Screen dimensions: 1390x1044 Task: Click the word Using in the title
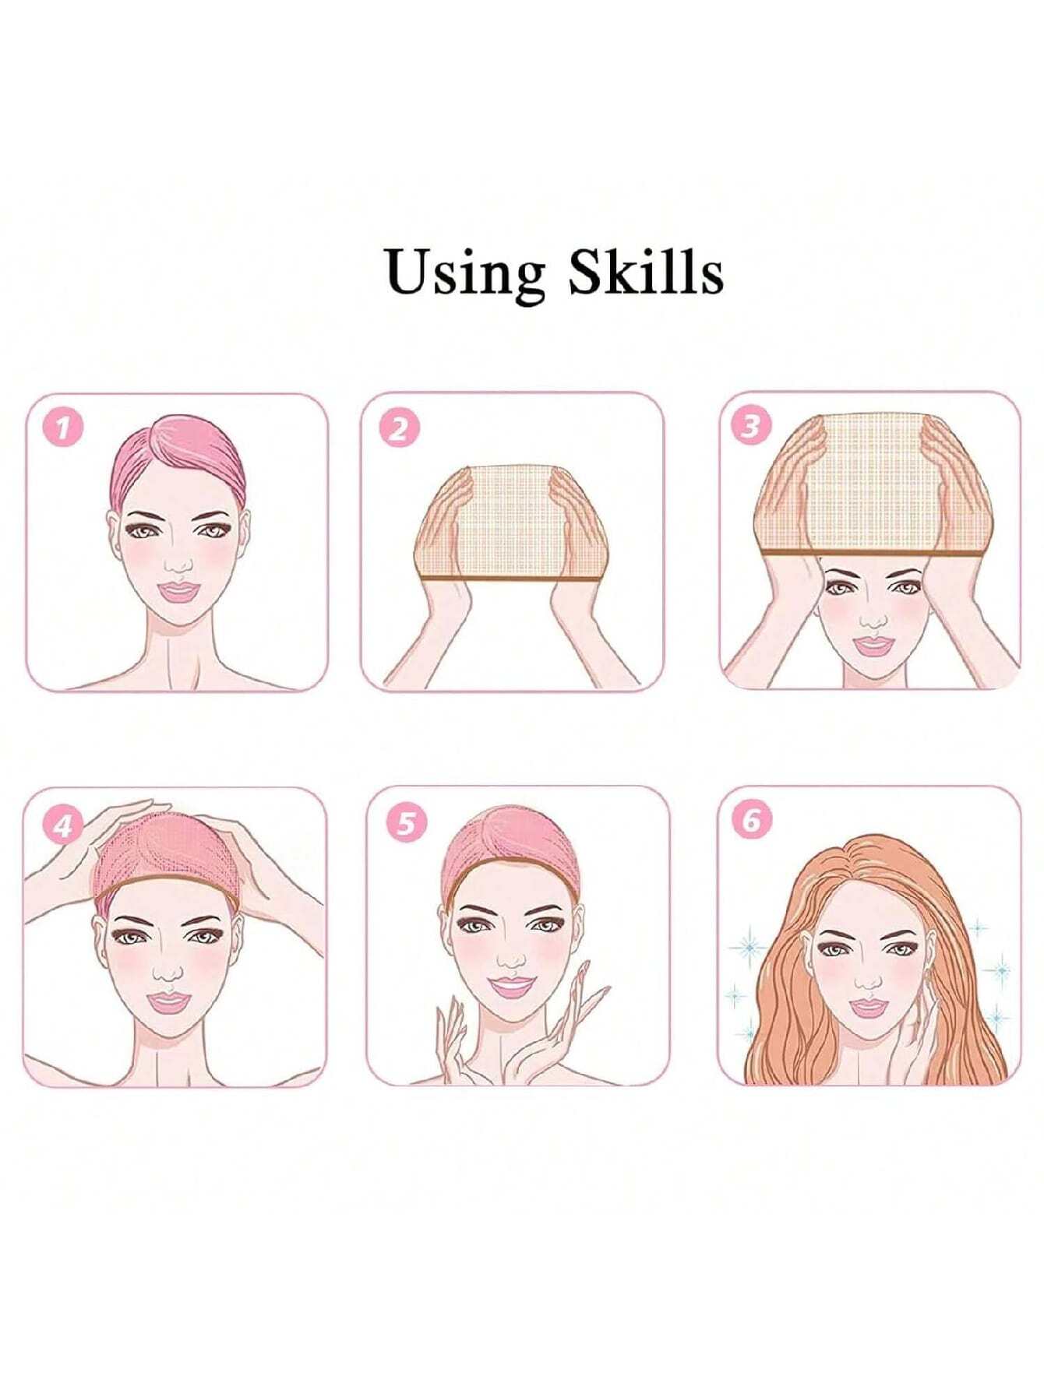(465, 273)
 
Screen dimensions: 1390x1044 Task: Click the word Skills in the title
(645, 273)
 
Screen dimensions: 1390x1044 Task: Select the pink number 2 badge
(399, 428)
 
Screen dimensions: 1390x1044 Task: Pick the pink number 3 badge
(750, 426)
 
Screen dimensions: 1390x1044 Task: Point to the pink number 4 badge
(63, 825)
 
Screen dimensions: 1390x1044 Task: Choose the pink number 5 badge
(406, 822)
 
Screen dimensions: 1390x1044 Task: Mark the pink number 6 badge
(751, 821)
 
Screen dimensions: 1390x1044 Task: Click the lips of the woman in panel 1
(178, 591)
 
